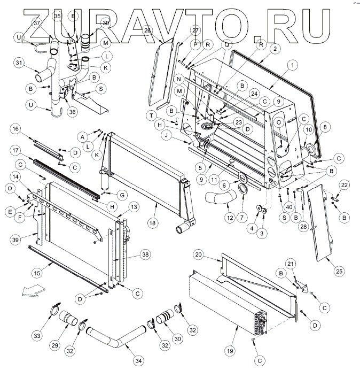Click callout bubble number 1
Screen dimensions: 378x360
(x=293, y=64)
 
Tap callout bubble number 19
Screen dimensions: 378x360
(x=230, y=351)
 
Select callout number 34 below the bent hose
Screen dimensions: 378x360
(x=138, y=361)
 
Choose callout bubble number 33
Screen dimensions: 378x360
(x=36, y=336)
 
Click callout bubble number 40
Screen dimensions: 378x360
(x=289, y=207)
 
